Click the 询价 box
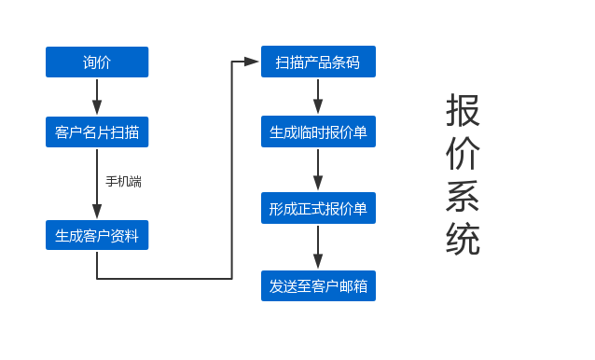point(97,62)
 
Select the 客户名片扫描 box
point(97,132)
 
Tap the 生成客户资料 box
point(97,236)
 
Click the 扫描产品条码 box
point(318,62)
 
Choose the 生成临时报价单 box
point(318,132)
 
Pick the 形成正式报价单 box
point(318,209)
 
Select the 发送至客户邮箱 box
point(318,286)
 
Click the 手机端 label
point(123,181)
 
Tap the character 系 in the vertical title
point(463,197)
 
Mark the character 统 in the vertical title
point(463,240)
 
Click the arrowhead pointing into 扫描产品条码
point(252,62)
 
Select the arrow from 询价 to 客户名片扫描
point(97,97)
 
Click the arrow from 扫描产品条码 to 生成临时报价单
point(318,97)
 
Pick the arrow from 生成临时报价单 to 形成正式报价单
point(318,171)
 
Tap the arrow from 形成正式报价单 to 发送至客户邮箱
point(318,247)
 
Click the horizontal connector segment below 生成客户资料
point(164,278)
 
